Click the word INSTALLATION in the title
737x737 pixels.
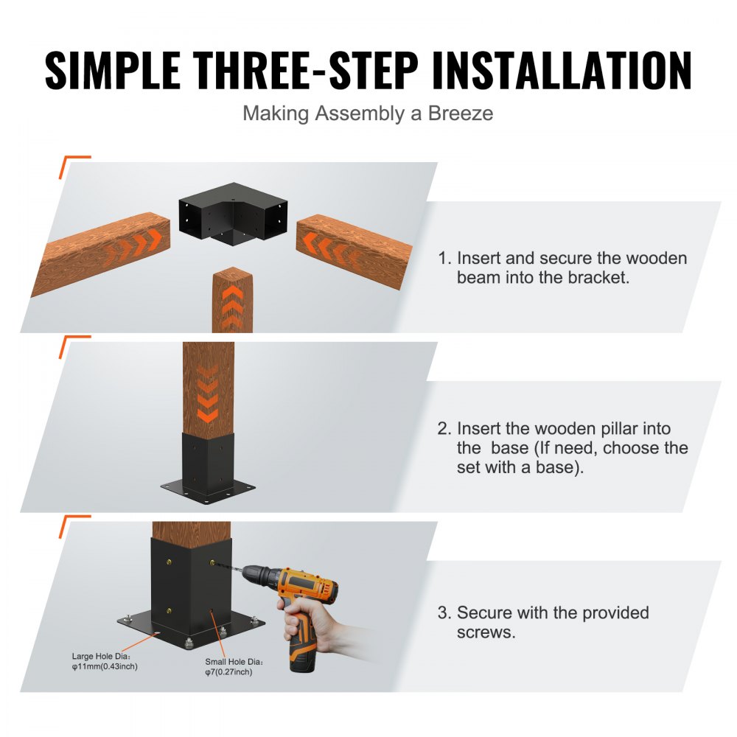tap(562, 71)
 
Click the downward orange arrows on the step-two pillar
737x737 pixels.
tap(209, 394)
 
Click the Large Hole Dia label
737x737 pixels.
tap(102, 655)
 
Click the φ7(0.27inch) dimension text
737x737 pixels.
tap(228, 672)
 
